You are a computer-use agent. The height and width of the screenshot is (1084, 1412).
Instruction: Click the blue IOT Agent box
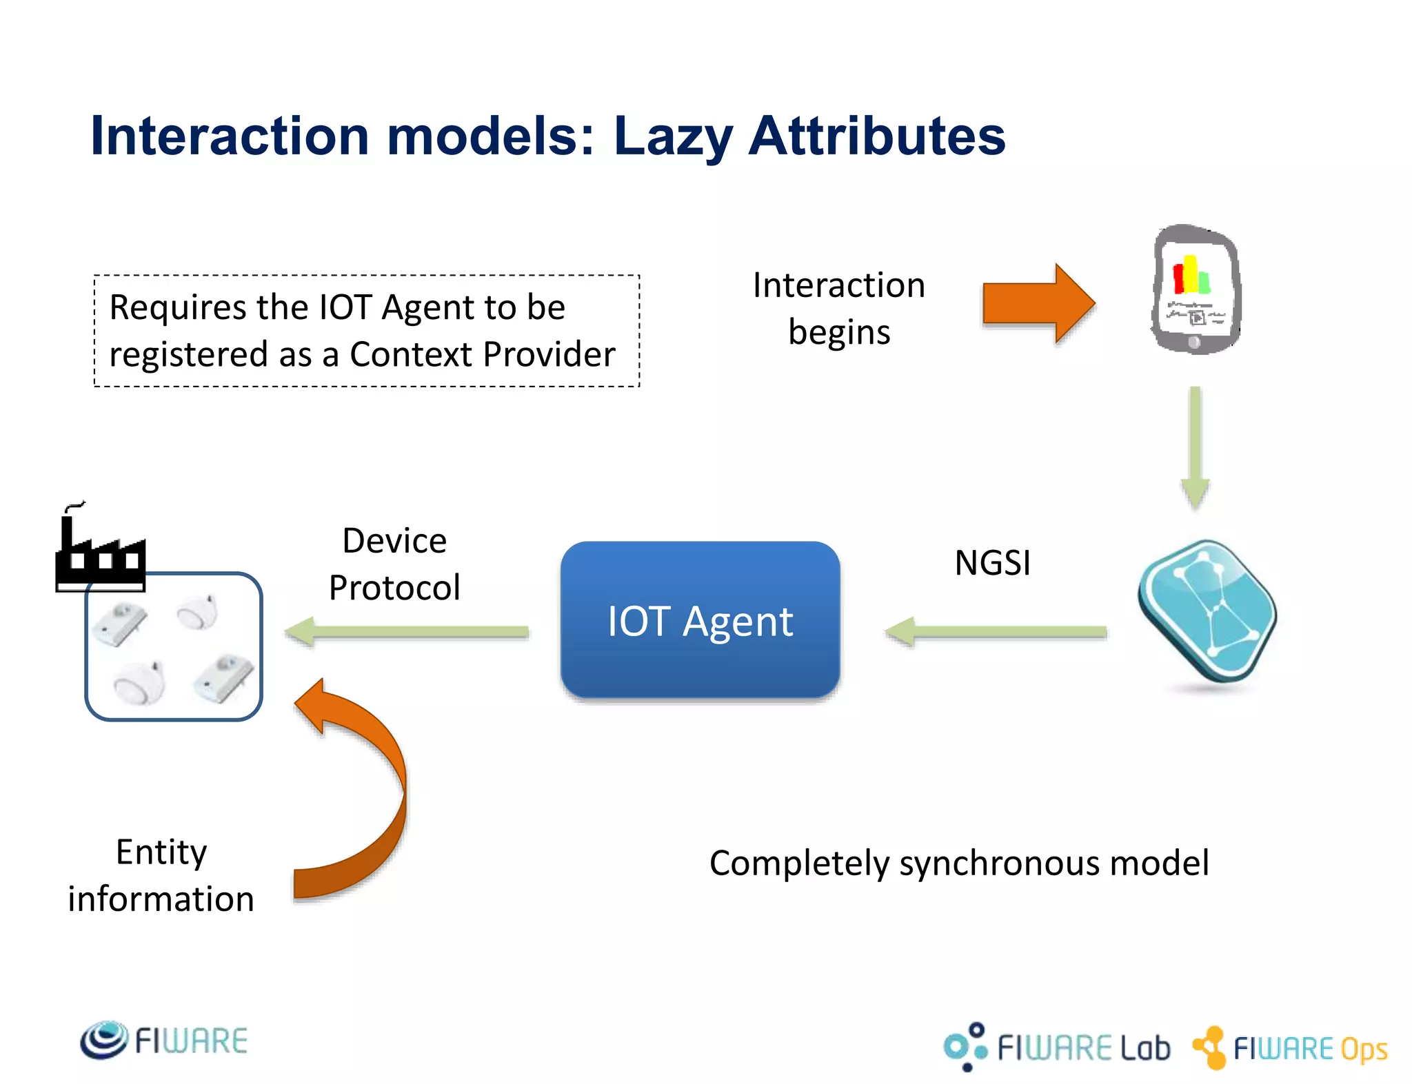700,620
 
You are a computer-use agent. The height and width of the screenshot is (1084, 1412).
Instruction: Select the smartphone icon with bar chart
1196,289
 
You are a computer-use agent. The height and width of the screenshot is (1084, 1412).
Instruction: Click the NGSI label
992,563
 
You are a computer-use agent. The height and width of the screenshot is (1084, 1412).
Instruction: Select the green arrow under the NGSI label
996,631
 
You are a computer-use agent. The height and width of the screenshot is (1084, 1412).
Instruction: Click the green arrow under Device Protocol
407,631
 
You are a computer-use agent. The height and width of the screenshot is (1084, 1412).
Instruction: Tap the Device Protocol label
394,564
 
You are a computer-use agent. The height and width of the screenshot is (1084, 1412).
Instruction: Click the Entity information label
161,875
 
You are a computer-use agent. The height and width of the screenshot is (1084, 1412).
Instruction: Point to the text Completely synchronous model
958,863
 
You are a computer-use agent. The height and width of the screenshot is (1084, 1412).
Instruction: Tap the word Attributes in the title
877,136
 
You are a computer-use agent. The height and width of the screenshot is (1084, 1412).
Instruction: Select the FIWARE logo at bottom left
163,1040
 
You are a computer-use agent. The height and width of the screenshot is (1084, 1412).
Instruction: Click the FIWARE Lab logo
1057,1047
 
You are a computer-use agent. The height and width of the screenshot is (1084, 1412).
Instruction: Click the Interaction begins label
838,308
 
